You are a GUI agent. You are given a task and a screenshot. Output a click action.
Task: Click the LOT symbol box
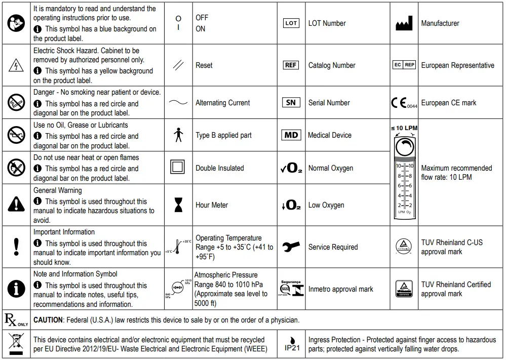click(x=291, y=23)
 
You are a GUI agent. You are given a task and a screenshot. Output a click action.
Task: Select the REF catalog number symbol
click(x=291, y=65)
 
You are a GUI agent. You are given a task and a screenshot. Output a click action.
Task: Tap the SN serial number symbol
click(x=291, y=102)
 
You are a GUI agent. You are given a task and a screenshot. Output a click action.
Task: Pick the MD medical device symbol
click(x=291, y=135)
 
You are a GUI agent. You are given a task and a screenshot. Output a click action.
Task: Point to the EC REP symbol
click(x=404, y=65)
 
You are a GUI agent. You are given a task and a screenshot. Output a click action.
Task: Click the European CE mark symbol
click(x=404, y=103)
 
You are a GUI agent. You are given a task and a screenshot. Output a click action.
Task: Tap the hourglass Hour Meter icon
click(x=178, y=205)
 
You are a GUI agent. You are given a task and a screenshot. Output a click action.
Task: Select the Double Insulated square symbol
click(x=178, y=168)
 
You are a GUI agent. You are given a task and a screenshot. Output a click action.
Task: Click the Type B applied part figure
click(x=178, y=135)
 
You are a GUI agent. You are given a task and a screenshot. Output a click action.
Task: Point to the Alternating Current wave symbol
click(x=178, y=103)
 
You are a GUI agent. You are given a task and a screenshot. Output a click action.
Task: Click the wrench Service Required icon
click(x=291, y=247)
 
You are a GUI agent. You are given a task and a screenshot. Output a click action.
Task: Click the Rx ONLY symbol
click(x=16, y=319)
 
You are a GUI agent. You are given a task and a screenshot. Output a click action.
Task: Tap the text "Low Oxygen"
click(x=326, y=205)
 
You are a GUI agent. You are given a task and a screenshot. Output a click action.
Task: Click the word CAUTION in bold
click(x=48, y=320)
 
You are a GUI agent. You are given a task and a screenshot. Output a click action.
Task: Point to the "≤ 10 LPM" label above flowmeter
click(x=404, y=128)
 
